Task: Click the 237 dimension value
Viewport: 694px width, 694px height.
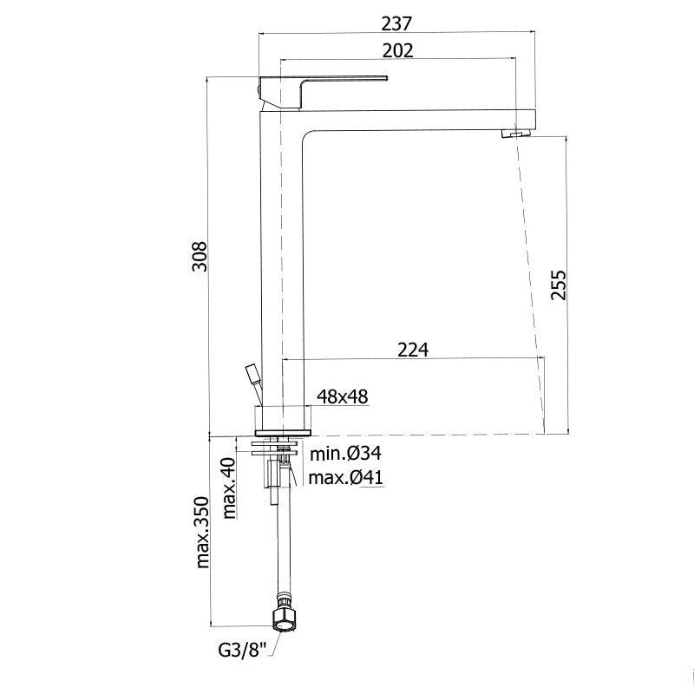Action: click(396, 23)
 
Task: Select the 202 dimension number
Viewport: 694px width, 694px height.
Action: click(398, 51)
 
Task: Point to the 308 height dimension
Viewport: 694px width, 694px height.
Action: click(200, 256)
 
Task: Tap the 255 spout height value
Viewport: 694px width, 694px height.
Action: click(559, 285)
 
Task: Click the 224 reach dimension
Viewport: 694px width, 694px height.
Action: click(413, 350)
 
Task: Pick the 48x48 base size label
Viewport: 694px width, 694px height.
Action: click(342, 396)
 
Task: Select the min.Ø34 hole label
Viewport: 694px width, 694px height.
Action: click(345, 453)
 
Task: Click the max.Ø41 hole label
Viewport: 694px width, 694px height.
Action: click(345, 478)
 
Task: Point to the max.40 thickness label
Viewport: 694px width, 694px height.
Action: click(229, 488)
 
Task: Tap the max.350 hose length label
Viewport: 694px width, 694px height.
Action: click(201, 532)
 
